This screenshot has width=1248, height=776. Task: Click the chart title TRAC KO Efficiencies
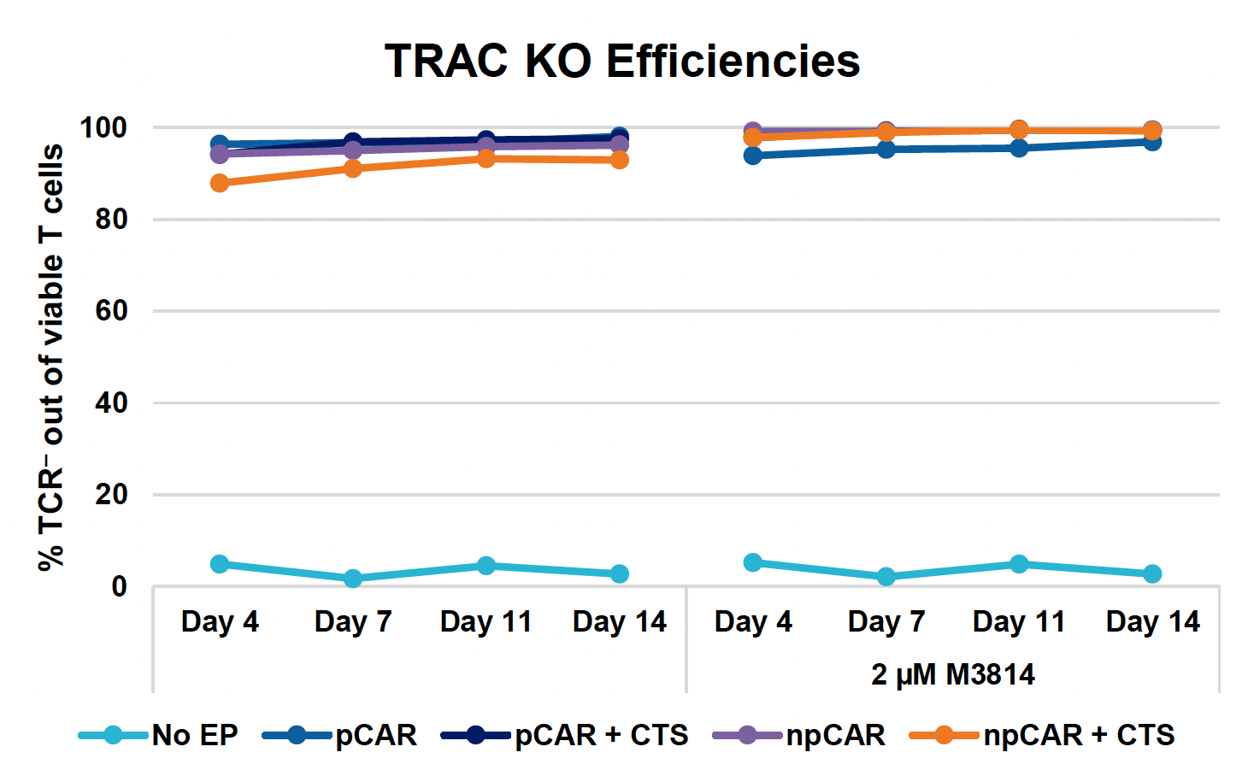point(621,61)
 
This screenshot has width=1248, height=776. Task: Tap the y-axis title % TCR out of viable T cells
point(51,357)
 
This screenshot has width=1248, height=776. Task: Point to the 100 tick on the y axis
point(103,128)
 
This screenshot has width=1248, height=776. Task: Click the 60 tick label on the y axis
point(111,311)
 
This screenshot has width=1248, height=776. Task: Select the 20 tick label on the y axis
point(111,495)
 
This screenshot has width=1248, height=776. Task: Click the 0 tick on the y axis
point(119,587)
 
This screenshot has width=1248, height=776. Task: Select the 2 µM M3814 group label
point(952,675)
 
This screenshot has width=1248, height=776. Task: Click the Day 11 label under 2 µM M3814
point(1018,622)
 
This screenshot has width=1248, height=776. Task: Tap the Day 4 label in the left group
point(220,622)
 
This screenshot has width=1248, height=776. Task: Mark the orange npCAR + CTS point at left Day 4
point(220,183)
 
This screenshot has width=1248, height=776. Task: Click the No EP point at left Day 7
point(353,579)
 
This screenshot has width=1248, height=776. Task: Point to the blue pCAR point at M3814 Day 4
point(752,156)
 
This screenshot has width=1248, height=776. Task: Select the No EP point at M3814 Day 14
point(1151,573)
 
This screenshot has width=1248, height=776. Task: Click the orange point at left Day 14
point(619,160)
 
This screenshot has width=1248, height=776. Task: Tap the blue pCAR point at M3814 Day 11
point(1018,148)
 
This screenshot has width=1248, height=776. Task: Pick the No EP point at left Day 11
point(486,566)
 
